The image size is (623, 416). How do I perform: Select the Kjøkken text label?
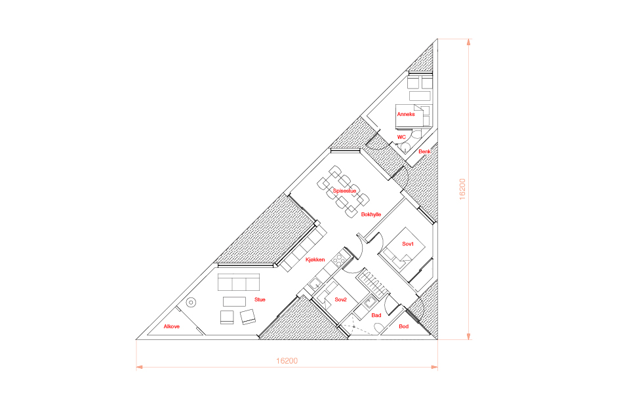315,260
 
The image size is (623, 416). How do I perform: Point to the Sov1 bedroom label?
407,244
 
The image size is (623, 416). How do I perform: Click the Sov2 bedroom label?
340,299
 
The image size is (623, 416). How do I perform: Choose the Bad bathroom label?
376,316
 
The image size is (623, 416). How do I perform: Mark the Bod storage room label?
404,326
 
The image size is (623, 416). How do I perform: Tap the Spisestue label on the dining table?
345,191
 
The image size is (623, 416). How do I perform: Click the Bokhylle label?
371,214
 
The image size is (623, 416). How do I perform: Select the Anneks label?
405,114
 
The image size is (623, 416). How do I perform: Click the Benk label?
424,151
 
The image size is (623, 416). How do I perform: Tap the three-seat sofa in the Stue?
239,283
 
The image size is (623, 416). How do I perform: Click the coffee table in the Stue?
234,301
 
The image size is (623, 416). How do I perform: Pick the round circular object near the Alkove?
192,303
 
